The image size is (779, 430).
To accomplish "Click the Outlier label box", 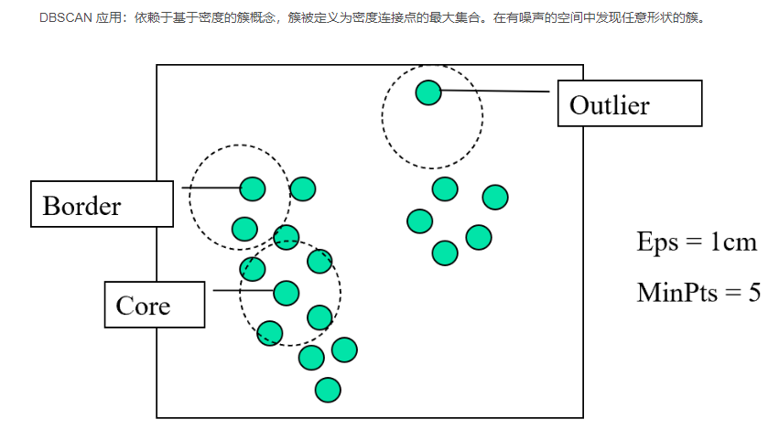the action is pos(630,103).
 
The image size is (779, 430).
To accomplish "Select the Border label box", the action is pos(102,203).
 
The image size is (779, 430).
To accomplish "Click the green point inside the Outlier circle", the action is pos(427,92).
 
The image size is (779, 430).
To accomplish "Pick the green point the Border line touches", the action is pos(253,188).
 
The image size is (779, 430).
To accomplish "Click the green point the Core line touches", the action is pos(286,292).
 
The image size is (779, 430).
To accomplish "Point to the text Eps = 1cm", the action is pos(697,242).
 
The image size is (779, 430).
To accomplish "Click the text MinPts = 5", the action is pos(698,293).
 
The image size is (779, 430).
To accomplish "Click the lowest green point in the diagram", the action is pos(328,390).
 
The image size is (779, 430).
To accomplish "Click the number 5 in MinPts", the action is pos(753,293).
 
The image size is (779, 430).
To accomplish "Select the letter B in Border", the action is pos(51,206).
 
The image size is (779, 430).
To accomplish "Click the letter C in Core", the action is pos(124,305).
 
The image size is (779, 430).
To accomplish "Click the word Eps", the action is pos(657,243).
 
